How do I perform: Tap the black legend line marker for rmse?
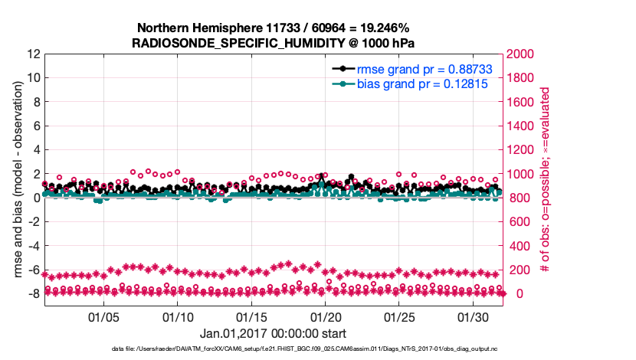click(x=343, y=70)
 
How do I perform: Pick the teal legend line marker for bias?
click(x=343, y=84)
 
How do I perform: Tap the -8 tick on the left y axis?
click(x=33, y=294)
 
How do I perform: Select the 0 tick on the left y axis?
click(x=36, y=198)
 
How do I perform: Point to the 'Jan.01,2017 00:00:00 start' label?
click(x=273, y=334)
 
